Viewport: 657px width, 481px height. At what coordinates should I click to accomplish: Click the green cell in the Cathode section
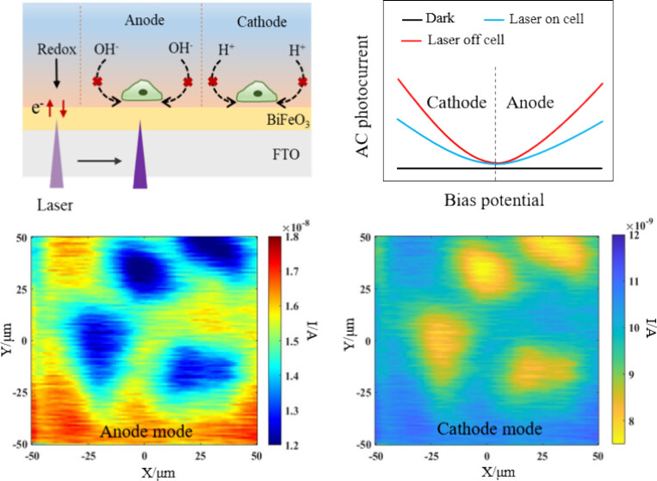257,92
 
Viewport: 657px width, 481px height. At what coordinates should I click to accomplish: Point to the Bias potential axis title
494,200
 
